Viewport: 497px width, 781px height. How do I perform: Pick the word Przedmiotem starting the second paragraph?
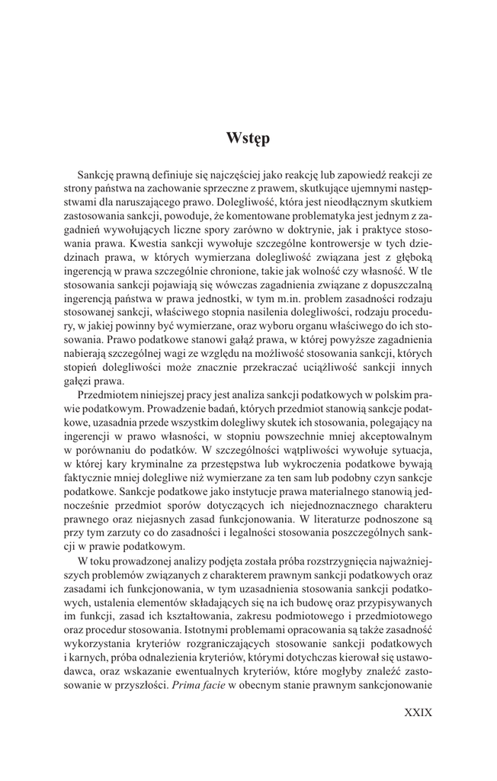(x=109, y=396)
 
